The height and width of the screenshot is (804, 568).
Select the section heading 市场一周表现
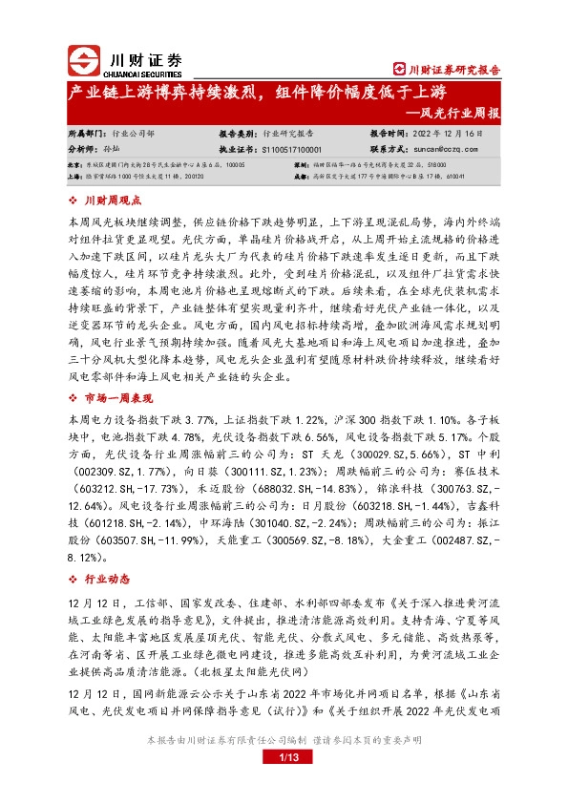(x=120, y=398)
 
